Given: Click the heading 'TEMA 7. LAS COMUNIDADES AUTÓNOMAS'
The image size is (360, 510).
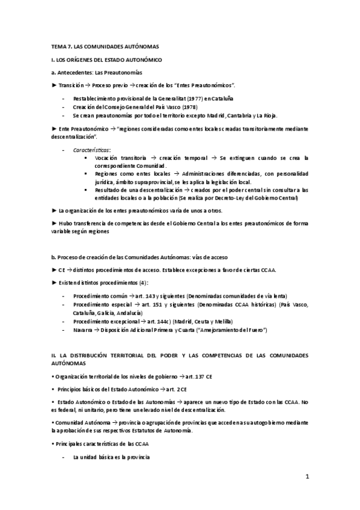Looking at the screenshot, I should [105, 46].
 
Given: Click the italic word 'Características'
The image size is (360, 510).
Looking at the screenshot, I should [91, 149].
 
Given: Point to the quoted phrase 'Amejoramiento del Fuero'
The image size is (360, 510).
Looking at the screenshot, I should [230, 330].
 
